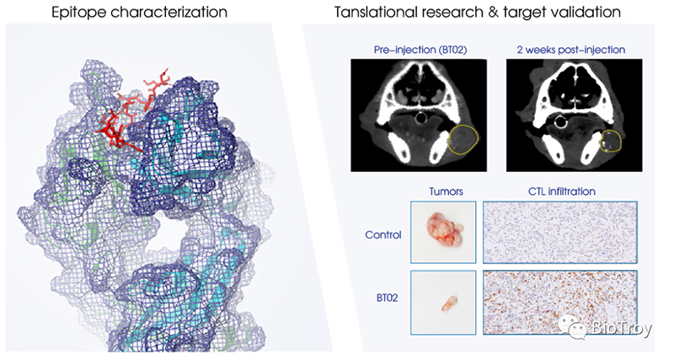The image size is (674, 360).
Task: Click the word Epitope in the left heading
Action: click(x=78, y=12)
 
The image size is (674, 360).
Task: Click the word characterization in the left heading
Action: click(x=168, y=12)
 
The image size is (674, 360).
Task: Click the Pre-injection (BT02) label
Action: click(x=420, y=50)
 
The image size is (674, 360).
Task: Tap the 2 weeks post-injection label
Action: click(x=571, y=50)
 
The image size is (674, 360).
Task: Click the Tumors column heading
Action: click(x=446, y=191)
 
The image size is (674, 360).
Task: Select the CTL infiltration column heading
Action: click(x=561, y=191)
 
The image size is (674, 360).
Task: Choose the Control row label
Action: click(x=383, y=235)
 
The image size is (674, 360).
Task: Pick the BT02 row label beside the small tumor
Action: click(x=387, y=298)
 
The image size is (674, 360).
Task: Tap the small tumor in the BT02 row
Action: click(x=449, y=303)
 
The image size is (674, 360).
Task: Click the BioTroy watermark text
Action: click(x=622, y=329)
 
